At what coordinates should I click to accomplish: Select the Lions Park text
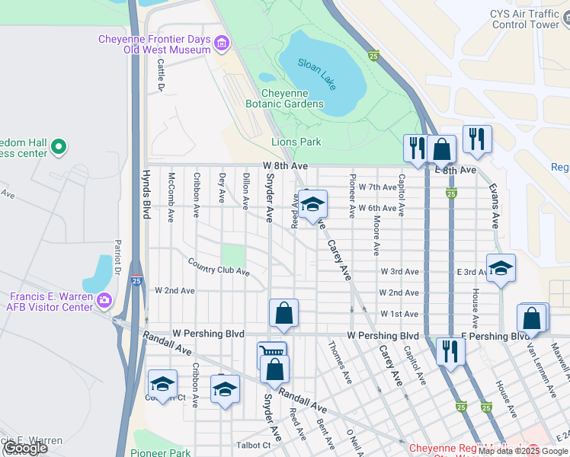click(x=296, y=142)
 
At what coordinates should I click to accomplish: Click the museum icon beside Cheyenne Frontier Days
click(x=222, y=44)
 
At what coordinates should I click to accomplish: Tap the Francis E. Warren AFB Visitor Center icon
click(x=104, y=301)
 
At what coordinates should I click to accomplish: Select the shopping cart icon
click(x=271, y=353)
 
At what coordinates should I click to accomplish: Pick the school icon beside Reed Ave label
click(x=312, y=204)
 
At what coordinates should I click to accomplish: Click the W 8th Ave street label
click(x=286, y=165)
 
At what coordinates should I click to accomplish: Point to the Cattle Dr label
click(x=162, y=77)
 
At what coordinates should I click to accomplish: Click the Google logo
click(x=25, y=448)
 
